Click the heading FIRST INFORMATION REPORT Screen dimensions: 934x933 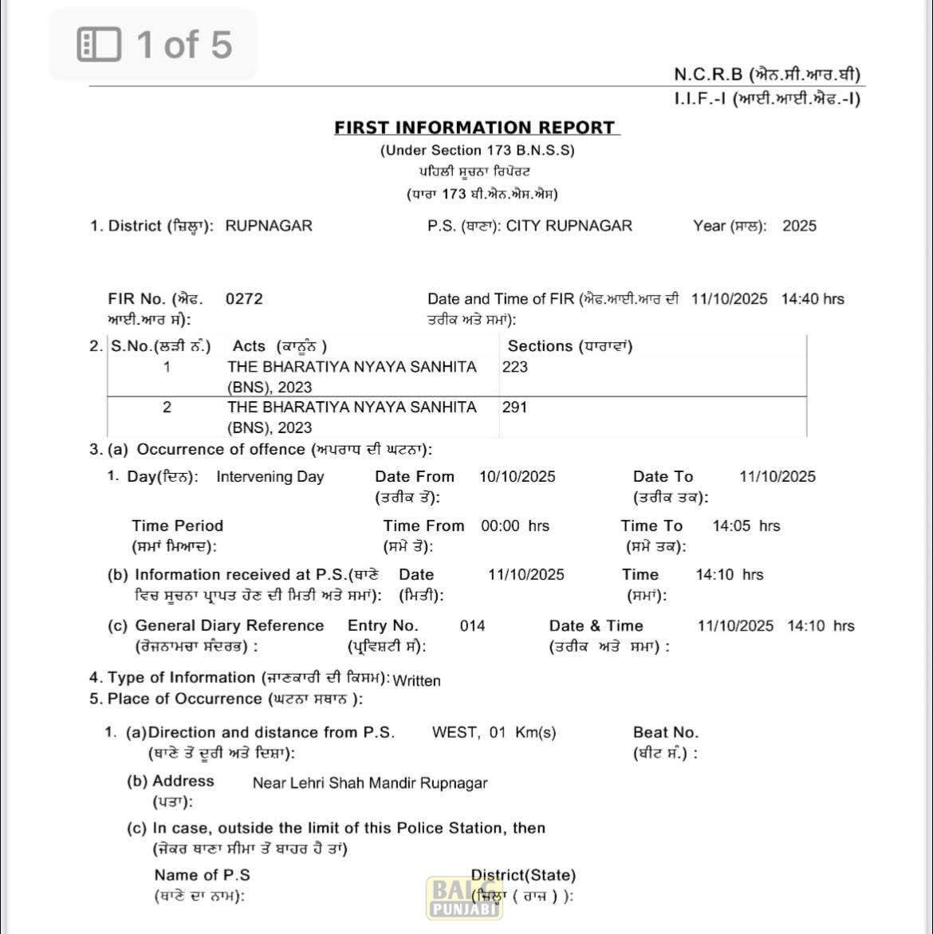(475, 128)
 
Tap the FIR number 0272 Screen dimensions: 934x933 (244, 299)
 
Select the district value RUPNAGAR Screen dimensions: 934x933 (269, 226)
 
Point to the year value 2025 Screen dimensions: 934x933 (799, 226)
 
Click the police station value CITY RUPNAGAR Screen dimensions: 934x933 (569, 226)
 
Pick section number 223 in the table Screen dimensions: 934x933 (515, 367)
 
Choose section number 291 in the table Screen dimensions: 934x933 (515, 407)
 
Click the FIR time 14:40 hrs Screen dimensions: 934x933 (813, 299)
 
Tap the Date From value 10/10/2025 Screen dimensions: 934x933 (518, 477)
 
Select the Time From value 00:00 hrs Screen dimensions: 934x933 (515, 526)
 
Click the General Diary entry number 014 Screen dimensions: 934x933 (472, 626)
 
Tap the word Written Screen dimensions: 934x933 (416, 680)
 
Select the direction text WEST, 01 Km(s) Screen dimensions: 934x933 (494, 732)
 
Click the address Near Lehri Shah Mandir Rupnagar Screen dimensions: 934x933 (370, 783)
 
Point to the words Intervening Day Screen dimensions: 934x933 (270, 477)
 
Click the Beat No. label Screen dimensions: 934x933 (665, 732)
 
